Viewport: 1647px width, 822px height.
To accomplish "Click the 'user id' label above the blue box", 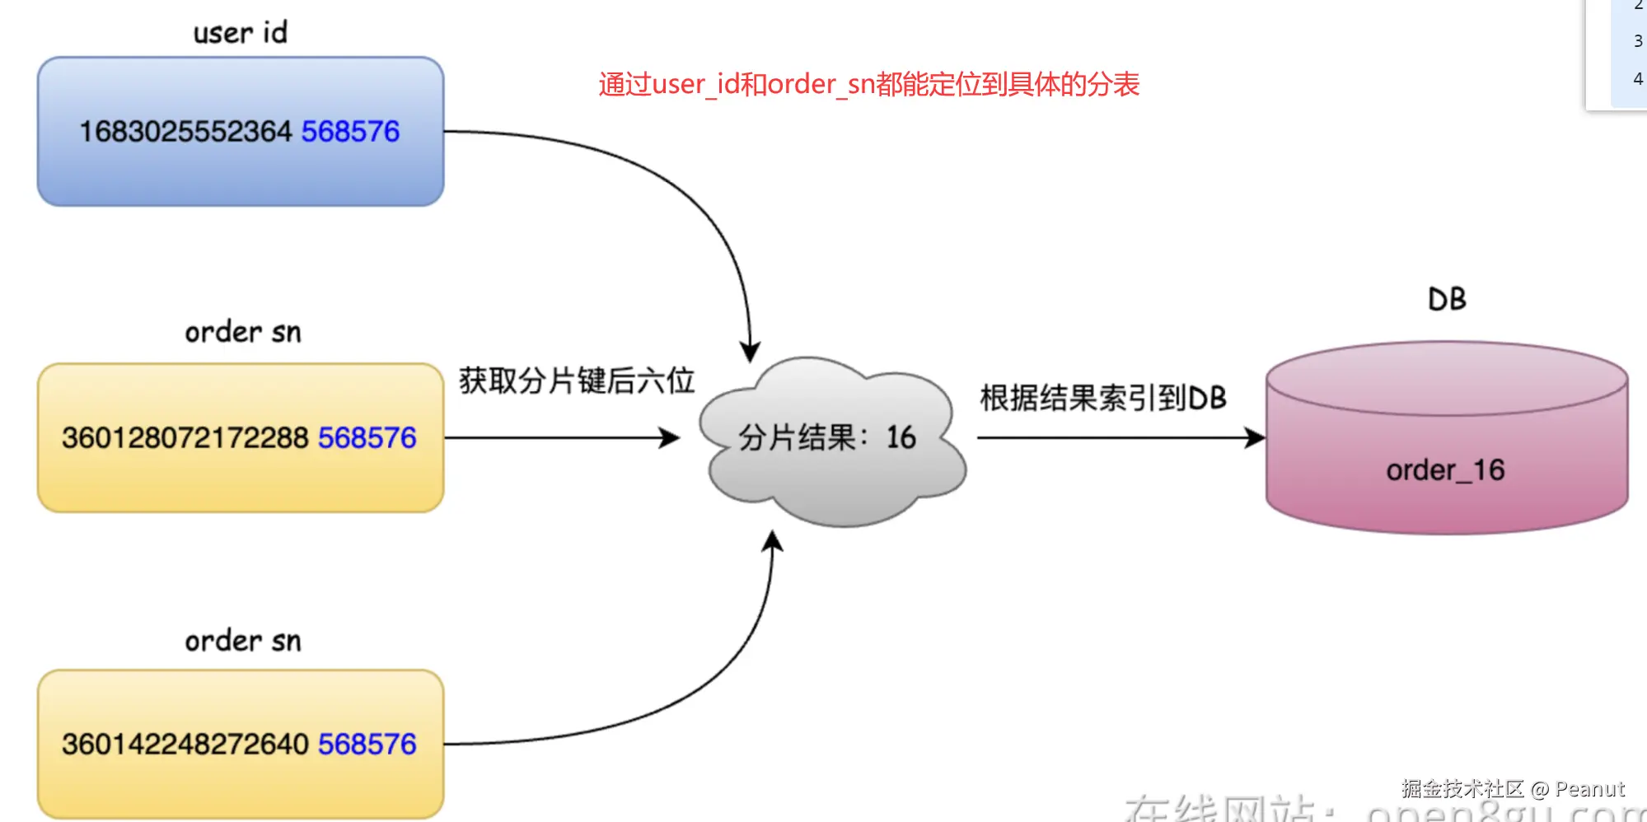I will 240,33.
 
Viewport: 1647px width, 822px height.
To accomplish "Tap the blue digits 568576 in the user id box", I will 350,132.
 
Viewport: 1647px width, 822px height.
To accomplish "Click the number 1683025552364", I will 185,132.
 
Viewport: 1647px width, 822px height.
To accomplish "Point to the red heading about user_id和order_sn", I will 868,84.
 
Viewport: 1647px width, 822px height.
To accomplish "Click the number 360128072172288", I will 185,438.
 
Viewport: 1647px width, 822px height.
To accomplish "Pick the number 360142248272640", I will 185,745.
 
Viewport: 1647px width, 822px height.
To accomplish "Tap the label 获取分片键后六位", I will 577,381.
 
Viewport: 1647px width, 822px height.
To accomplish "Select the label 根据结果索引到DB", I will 1102,399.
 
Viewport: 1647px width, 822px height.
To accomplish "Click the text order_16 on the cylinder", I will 1445,470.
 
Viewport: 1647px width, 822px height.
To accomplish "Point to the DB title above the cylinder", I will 1447,299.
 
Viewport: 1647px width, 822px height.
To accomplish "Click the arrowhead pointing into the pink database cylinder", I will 1255,437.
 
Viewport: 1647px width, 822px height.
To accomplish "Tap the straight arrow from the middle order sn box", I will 560,437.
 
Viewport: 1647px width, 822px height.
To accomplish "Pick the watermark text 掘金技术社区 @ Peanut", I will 1513,789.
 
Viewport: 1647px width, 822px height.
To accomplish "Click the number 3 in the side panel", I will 1638,41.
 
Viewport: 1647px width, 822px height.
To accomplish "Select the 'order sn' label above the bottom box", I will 243,641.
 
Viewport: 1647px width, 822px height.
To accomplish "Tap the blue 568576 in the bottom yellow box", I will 367,745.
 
